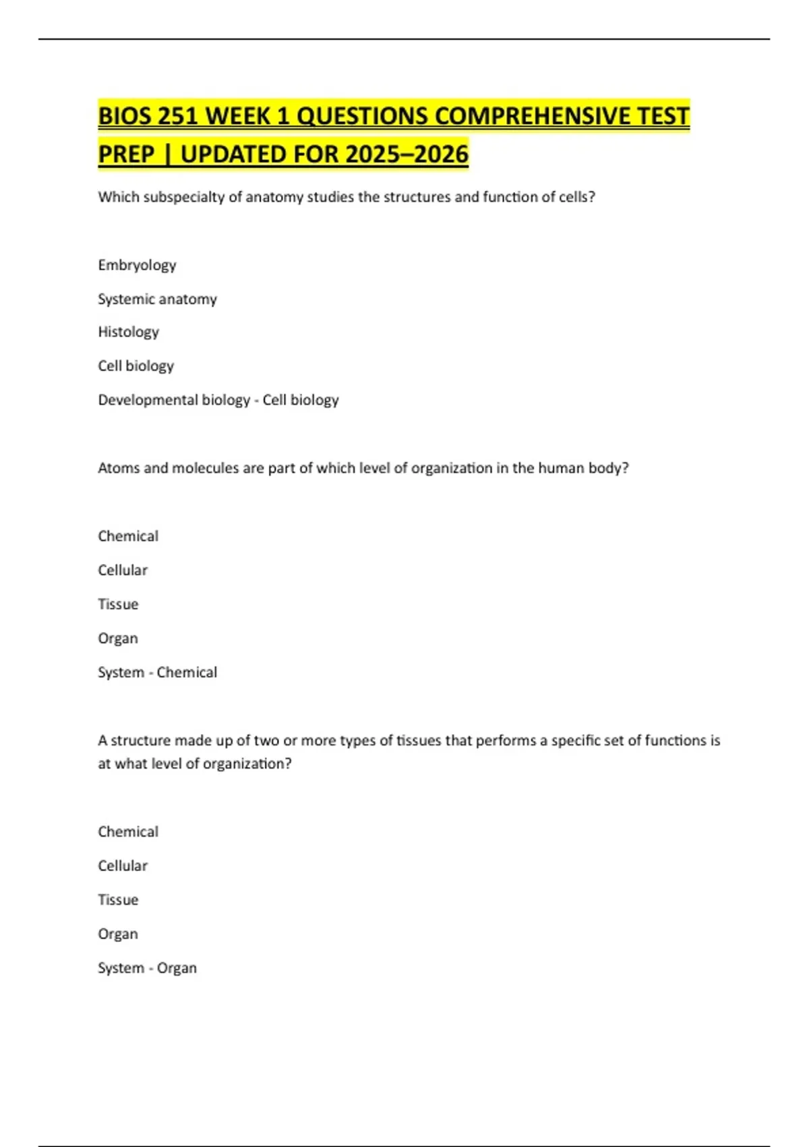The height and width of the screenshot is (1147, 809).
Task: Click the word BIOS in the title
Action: (x=124, y=116)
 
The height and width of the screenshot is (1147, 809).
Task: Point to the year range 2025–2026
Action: (x=407, y=155)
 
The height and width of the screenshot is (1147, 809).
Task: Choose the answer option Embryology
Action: (x=137, y=265)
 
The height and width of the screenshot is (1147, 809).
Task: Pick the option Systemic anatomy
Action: (x=157, y=299)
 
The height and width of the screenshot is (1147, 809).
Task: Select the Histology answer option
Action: (x=128, y=332)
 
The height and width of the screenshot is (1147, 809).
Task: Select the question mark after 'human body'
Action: (x=625, y=468)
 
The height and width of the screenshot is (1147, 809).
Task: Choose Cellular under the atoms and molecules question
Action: (x=122, y=570)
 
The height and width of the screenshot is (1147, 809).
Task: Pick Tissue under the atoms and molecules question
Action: (x=118, y=605)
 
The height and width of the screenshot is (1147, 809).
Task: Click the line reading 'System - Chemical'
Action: (x=157, y=673)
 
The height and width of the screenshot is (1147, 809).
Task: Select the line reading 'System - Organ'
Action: (x=147, y=968)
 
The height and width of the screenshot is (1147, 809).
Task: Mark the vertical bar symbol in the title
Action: (x=167, y=155)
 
